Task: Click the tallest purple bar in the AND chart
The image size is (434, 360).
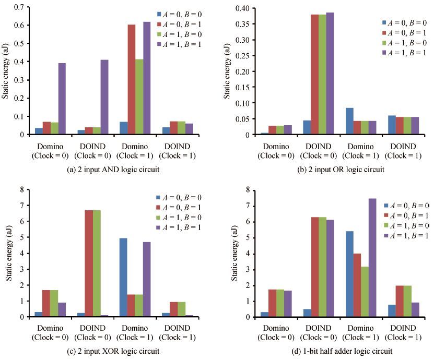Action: coord(147,78)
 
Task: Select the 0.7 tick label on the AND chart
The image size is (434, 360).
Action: coord(19,7)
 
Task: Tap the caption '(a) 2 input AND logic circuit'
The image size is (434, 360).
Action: coord(113,169)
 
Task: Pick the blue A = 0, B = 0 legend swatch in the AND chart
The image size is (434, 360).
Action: coord(159,14)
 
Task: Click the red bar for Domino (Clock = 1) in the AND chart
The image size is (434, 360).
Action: coord(132,80)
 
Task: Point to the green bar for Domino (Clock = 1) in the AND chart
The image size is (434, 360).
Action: coord(139,97)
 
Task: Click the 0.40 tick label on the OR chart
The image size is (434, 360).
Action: coord(242,8)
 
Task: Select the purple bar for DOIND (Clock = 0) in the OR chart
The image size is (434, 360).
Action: coord(330,74)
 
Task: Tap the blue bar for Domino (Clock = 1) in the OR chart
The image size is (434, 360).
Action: coord(349,122)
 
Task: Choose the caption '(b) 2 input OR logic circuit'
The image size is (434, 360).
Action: coord(341,169)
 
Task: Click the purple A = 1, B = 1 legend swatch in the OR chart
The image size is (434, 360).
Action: coord(384,52)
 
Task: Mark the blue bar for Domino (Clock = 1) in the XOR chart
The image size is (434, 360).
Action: coord(123,278)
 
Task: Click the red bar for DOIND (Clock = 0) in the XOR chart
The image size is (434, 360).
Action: coord(89,263)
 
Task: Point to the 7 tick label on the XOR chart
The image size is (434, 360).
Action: coord(22,206)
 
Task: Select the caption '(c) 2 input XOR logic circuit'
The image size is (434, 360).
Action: coord(113,351)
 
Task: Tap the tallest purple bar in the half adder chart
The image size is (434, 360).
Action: coord(372,258)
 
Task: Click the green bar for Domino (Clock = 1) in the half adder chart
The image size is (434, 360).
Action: coord(365,292)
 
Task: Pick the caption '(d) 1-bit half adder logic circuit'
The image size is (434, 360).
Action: coord(342,351)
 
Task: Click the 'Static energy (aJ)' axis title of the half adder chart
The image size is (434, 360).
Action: coord(234,253)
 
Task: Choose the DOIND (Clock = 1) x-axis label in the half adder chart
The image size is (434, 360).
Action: coord(403,333)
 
